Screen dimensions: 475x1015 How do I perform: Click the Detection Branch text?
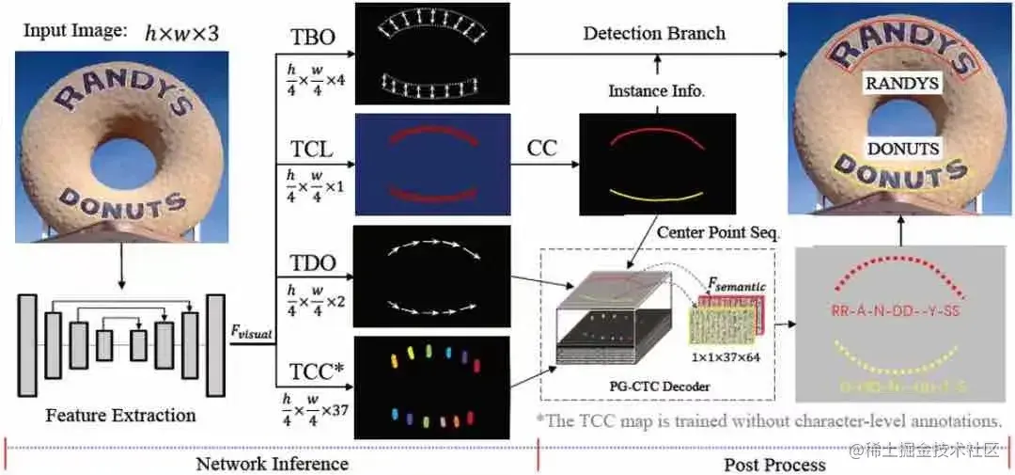coord(654,33)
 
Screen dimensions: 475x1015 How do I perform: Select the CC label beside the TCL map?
coord(541,149)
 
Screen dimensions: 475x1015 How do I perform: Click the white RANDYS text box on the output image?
coord(901,84)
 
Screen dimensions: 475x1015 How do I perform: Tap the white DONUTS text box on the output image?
coord(902,149)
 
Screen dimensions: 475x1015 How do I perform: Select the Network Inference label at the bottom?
coord(272,463)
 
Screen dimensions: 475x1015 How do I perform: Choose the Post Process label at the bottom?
coord(774,464)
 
